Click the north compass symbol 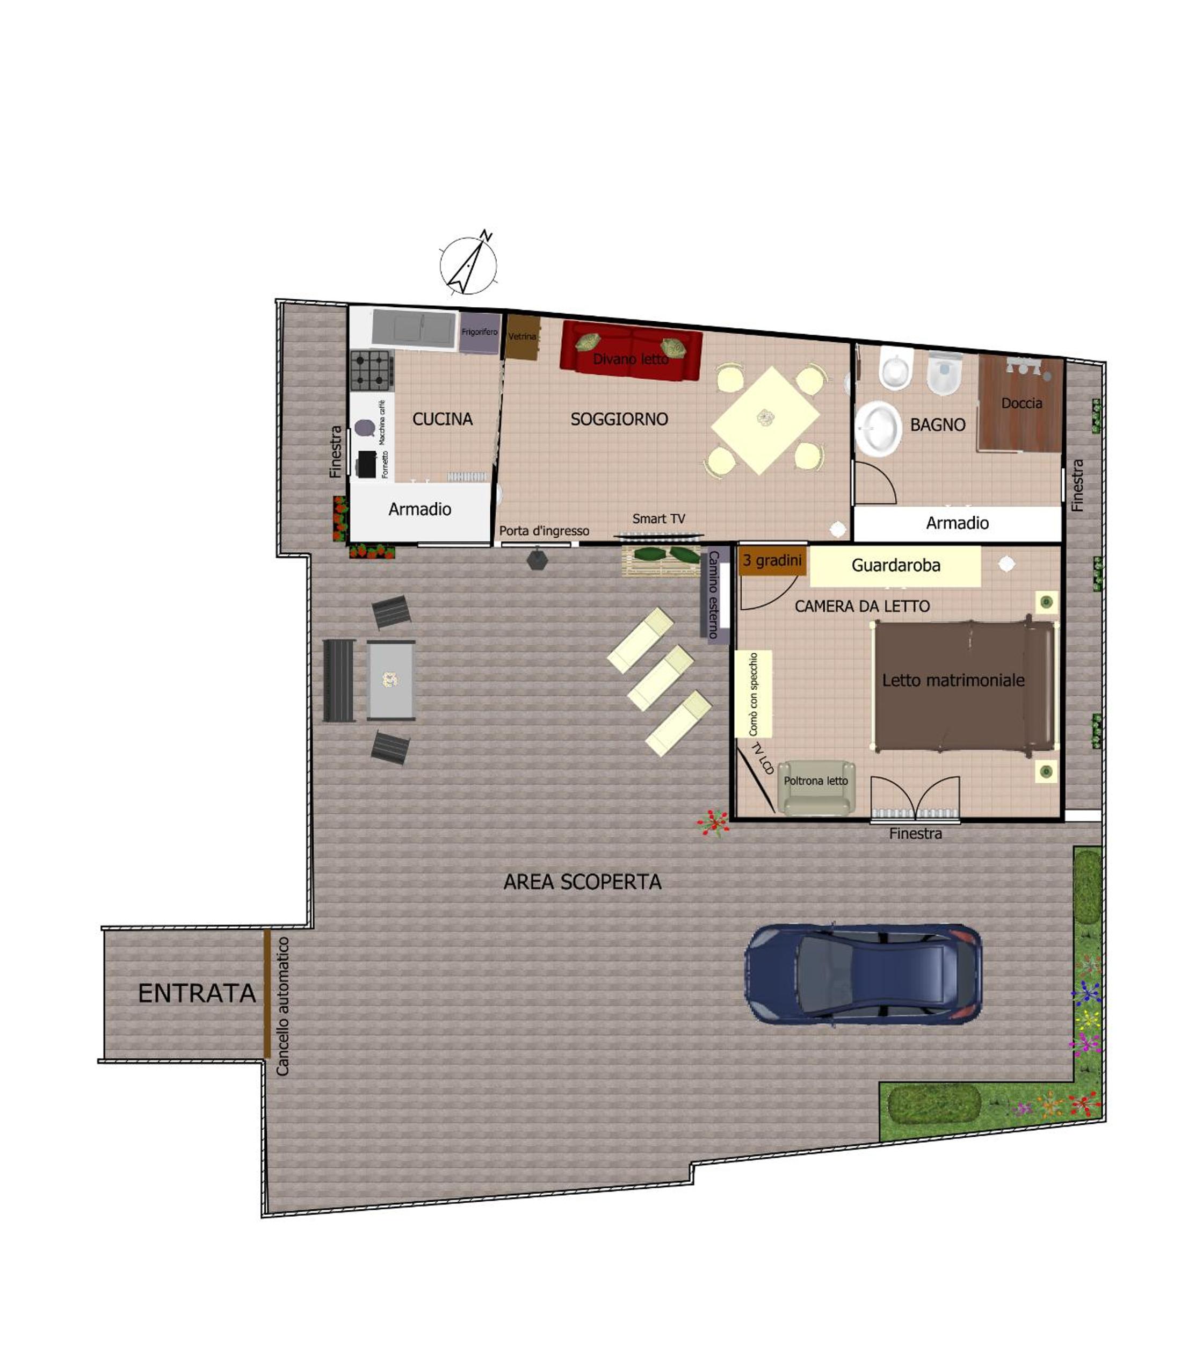pyautogui.click(x=468, y=264)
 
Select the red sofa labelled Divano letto pyautogui.click(x=631, y=351)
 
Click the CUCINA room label pyautogui.click(x=442, y=419)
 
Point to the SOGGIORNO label pyautogui.click(x=619, y=419)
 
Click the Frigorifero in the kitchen pyautogui.click(x=479, y=332)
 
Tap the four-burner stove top pyautogui.click(x=371, y=371)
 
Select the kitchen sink pyautogui.click(x=414, y=328)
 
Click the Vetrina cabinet pyautogui.click(x=523, y=337)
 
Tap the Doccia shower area pyautogui.click(x=1021, y=404)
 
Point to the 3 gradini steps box pyautogui.click(x=772, y=561)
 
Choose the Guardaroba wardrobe pyautogui.click(x=895, y=566)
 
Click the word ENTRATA pyautogui.click(x=197, y=993)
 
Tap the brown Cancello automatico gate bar pyautogui.click(x=267, y=993)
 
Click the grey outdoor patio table pyautogui.click(x=391, y=680)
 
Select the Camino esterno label pyautogui.click(x=713, y=594)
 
